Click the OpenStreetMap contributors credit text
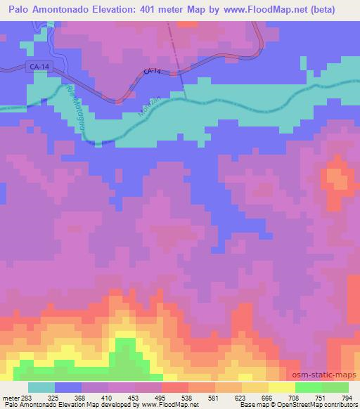[x=324, y=405]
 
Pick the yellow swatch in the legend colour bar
[x=281, y=387]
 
